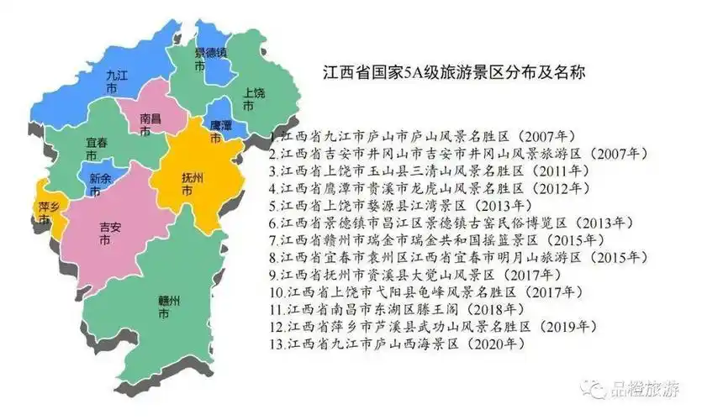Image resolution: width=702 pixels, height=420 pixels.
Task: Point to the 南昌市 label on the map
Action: click(x=150, y=125)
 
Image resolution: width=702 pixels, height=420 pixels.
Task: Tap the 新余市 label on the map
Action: click(x=101, y=183)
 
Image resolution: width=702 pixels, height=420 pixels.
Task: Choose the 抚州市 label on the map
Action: click(x=193, y=183)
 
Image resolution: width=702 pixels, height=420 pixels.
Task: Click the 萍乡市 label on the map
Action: click(x=48, y=212)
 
